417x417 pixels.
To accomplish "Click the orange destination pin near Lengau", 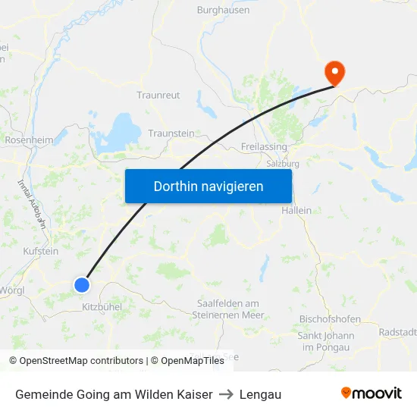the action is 334,72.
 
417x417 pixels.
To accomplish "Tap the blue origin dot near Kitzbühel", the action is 82,285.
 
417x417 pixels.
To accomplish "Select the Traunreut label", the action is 158,96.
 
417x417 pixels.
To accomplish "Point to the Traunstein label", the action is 171,133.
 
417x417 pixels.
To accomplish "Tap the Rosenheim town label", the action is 29,140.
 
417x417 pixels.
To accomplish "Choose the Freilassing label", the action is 263,146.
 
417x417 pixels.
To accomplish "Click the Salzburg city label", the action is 283,163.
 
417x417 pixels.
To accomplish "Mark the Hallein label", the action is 296,210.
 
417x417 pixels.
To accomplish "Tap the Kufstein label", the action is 41,251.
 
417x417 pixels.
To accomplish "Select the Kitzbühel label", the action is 102,307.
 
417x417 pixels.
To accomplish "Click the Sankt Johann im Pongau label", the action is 326,341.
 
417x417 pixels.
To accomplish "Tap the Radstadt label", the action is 398,332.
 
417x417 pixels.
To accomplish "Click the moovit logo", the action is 372,393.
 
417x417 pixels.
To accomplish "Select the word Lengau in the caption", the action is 260,394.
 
